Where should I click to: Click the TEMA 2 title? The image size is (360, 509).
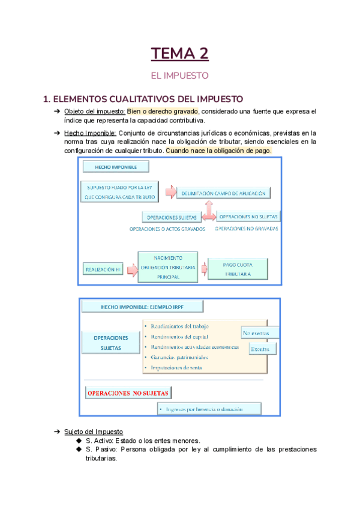tap(179, 53)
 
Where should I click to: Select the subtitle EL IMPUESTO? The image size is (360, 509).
tap(179, 76)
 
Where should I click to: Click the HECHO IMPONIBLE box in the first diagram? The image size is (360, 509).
tap(116, 166)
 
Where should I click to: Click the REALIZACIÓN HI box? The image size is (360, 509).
tap(103, 270)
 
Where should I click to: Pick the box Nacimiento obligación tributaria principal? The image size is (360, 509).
tap(168, 267)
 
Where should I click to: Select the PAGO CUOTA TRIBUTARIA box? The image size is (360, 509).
tap(238, 268)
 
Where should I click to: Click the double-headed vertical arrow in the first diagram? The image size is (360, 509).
tap(208, 211)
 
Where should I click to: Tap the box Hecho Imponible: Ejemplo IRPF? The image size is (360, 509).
tap(142, 307)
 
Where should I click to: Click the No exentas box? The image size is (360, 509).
tap(260, 333)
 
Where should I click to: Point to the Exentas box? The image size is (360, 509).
tap(260, 348)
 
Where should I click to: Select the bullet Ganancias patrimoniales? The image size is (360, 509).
tap(180, 357)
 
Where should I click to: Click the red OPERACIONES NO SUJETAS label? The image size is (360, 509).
tap(128, 393)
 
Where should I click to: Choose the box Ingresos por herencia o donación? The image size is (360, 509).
tap(209, 409)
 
